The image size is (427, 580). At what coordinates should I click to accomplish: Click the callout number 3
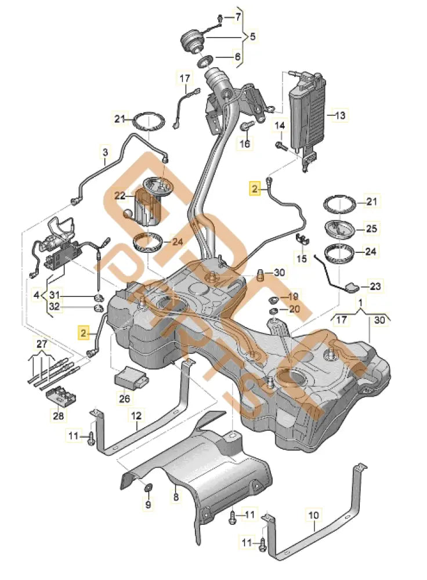105,153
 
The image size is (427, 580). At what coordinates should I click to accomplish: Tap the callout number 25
371,229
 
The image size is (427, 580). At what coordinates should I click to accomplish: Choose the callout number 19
293,297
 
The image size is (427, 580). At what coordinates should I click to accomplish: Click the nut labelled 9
147,487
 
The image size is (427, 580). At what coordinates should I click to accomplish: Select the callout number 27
42,343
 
